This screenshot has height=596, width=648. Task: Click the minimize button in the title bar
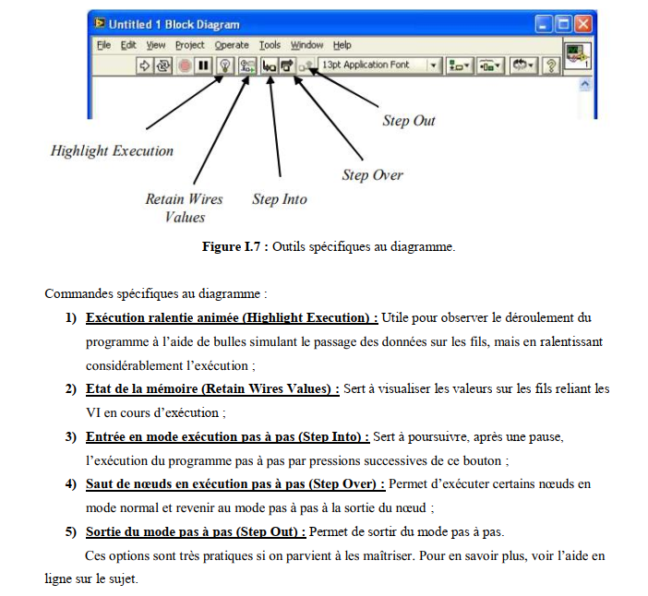[x=545, y=24]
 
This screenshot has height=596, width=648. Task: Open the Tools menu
[x=270, y=45]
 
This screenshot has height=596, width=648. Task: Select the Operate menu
[x=232, y=45]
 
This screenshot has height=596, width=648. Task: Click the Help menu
[x=342, y=45]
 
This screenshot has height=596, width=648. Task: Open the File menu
[x=104, y=45]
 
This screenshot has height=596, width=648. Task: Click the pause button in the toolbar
[x=203, y=66]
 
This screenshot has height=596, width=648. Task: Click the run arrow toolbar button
[x=144, y=66]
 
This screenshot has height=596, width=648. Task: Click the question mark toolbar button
[x=552, y=66]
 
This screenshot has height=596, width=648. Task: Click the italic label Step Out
[x=408, y=121]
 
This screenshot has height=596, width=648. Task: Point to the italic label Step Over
[x=372, y=175]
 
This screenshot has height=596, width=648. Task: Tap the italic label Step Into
[x=279, y=199]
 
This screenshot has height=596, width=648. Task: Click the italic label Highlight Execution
[x=112, y=151]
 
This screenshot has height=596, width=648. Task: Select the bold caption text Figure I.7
[x=234, y=247]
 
